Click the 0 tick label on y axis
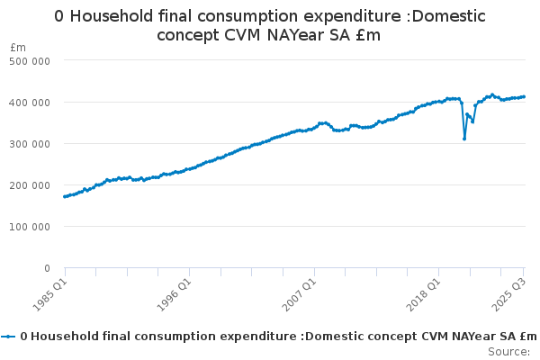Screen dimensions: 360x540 pyautogui.click(x=46, y=267)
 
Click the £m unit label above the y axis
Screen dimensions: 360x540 pyautogui.click(x=18, y=47)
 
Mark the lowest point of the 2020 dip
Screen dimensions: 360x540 pyautogui.click(x=464, y=139)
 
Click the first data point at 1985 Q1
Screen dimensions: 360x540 pyautogui.click(x=65, y=196)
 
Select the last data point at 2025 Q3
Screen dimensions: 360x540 pyautogui.click(x=524, y=96)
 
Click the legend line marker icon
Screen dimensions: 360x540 pyautogui.click(x=9, y=337)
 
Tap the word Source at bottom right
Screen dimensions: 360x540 pyautogui.click(x=508, y=351)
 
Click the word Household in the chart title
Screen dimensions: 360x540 pyautogui.click(x=110, y=16)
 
